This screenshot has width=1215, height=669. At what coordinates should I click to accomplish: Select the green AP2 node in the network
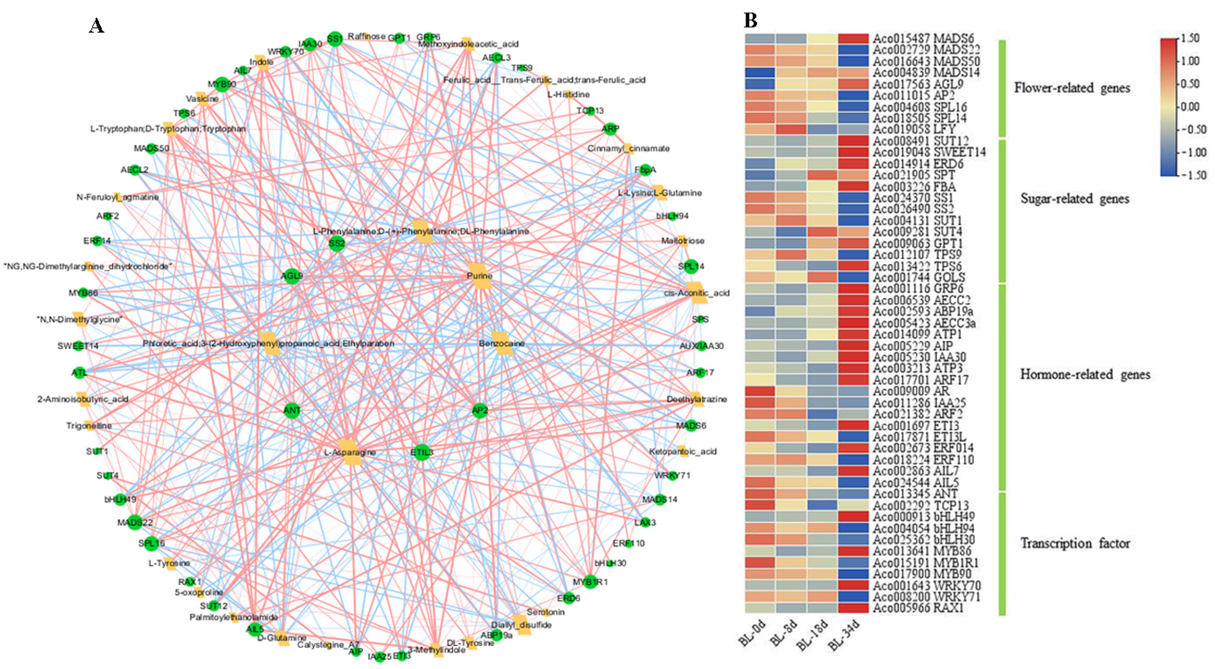point(480,410)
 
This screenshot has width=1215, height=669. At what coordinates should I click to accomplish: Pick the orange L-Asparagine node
point(350,452)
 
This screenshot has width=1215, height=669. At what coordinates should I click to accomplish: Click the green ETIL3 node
point(421,452)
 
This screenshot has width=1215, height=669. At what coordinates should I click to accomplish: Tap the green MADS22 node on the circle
point(135,522)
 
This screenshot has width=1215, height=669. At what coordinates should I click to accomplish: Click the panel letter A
point(97,25)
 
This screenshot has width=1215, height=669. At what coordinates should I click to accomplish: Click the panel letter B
point(751,21)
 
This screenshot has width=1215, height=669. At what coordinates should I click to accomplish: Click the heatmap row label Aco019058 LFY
point(914,129)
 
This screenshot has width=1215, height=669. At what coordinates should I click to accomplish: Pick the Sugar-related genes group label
point(1075,199)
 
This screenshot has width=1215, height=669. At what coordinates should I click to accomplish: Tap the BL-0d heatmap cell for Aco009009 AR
point(760,391)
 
